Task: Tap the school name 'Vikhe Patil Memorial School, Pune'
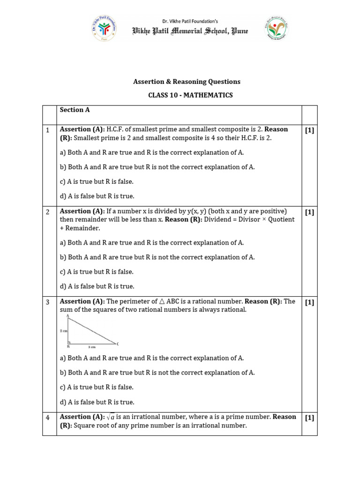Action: (x=190, y=31)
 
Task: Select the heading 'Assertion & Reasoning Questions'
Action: (x=187, y=82)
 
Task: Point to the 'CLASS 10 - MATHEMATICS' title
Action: (x=190, y=95)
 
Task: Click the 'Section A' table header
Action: (x=75, y=110)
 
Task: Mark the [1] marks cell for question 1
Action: (x=309, y=130)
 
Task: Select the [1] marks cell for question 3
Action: (x=309, y=302)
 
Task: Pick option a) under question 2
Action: (x=152, y=243)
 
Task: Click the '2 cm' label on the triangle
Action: (x=64, y=330)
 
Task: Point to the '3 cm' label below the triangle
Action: (x=92, y=347)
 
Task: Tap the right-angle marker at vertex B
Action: (x=69, y=342)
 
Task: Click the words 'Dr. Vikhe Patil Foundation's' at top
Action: (x=190, y=21)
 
